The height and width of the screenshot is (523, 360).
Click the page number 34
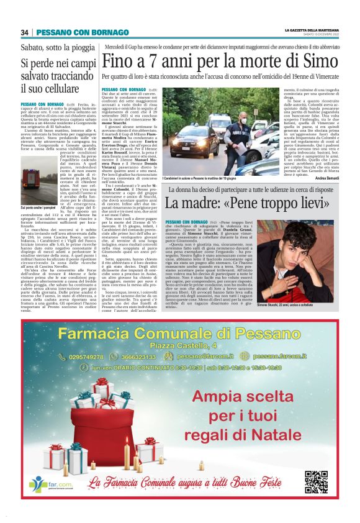(x=25, y=32)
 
